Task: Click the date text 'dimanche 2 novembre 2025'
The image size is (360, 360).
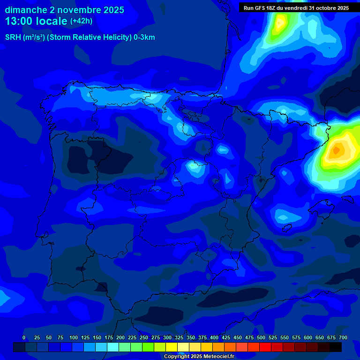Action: (x=65, y=10)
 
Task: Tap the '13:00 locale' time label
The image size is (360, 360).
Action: (x=36, y=21)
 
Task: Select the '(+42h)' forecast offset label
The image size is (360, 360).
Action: (x=81, y=21)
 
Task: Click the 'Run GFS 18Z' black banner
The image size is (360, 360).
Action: (x=296, y=8)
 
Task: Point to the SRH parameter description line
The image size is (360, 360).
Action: (x=80, y=37)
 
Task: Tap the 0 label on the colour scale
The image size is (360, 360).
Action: (x=24, y=338)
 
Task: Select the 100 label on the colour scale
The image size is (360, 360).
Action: (x=73, y=338)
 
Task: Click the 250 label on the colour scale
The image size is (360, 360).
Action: (x=144, y=338)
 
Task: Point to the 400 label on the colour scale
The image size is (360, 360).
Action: (x=214, y=338)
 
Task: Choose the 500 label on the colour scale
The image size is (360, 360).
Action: (x=261, y=338)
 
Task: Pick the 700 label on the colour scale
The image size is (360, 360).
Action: (x=343, y=338)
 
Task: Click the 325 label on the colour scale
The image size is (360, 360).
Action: (x=179, y=338)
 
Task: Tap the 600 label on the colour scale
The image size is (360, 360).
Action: (x=308, y=338)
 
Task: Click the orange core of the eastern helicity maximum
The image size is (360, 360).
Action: (x=337, y=150)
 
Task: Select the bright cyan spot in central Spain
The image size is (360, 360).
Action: (x=193, y=165)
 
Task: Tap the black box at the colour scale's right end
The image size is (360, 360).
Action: (x=336, y=347)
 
